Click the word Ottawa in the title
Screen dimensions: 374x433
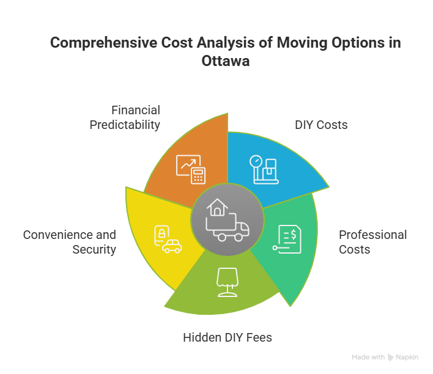click(225, 62)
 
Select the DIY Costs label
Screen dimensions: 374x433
click(321, 125)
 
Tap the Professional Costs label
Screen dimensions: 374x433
click(372, 242)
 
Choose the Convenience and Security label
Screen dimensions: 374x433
click(69, 242)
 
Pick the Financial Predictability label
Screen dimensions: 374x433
click(125, 117)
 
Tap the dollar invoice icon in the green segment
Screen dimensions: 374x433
click(287, 240)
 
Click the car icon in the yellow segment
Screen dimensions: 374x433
click(172, 246)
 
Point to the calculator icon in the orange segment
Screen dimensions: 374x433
click(197, 175)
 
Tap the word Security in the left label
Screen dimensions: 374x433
click(94, 249)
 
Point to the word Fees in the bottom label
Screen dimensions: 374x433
click(259, 337)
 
